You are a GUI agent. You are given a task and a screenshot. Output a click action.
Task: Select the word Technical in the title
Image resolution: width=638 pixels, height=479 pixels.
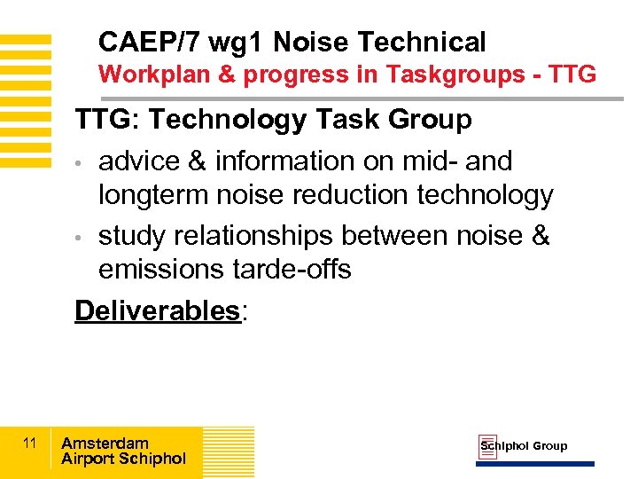tap(424, 42)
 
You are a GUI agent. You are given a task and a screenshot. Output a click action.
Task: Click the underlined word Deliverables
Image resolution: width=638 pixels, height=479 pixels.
tap(157, 310)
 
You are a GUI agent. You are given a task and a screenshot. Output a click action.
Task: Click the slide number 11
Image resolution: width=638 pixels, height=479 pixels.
tap(29, 443)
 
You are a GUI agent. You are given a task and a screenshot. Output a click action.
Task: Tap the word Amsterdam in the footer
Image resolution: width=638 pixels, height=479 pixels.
tap(105, 443)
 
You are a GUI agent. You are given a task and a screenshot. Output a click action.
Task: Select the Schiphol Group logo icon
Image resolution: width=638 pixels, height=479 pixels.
tap(487, 447)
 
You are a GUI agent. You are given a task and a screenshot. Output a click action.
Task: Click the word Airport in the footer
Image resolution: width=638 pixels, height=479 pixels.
tap(88, 459)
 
